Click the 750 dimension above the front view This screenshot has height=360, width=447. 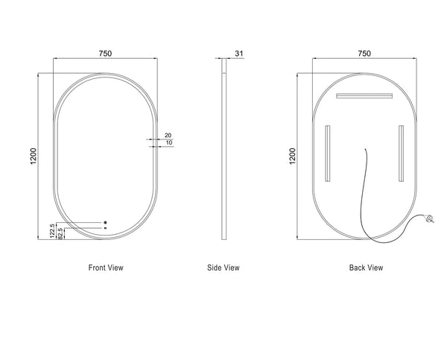105,53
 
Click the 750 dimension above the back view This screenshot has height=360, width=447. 364,53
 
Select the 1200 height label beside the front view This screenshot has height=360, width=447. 33,156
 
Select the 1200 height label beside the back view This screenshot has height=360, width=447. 293,156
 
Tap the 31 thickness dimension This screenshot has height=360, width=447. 238,53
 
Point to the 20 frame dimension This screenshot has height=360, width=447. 168,135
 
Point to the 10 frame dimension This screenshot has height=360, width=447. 169,142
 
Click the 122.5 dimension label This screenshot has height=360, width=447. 53,231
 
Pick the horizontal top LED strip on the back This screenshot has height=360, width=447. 364,95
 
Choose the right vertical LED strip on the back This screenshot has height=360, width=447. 401,154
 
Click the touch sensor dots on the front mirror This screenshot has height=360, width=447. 105,224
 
